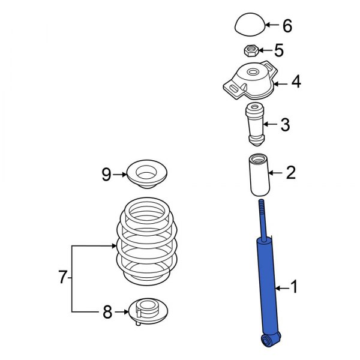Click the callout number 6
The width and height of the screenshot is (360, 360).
pos(287,26)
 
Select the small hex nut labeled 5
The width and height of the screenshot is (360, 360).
pos(252,51)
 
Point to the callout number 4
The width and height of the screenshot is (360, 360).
pos(296,82)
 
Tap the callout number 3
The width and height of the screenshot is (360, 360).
pos(285,125)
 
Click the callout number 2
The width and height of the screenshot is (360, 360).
pos(290,173)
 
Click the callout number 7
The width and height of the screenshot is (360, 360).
pos(62,278)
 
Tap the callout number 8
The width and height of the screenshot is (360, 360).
pos(107,312)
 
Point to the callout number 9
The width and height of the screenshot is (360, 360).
pos(106,175)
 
